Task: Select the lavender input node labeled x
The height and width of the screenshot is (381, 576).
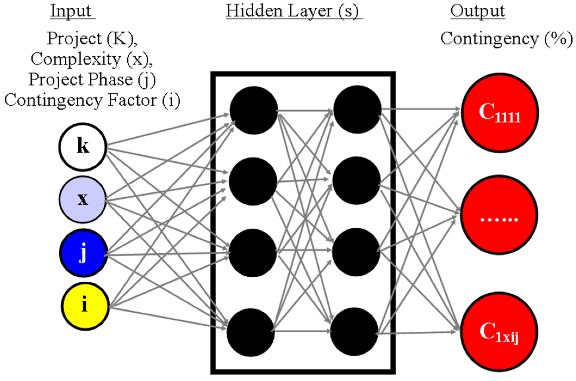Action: tap(83, 199)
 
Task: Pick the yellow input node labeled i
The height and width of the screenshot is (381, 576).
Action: tap(85, 306)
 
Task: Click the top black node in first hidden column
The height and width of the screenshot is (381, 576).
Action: tap(253, 110)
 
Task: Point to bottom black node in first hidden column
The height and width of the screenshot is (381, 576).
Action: tap(251, 332)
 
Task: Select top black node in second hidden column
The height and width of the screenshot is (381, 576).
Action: tap(357, 109)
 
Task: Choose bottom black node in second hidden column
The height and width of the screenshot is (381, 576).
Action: tap(354, 331)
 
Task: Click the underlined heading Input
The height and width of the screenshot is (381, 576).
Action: tap(71, 11)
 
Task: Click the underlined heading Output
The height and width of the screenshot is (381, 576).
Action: tap(477, 11)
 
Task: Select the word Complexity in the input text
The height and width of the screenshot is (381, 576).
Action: tap(76, 59)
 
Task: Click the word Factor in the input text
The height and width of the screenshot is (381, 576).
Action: tap(132, 100)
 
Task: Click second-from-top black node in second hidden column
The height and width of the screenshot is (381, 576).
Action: tap(356, 180)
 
